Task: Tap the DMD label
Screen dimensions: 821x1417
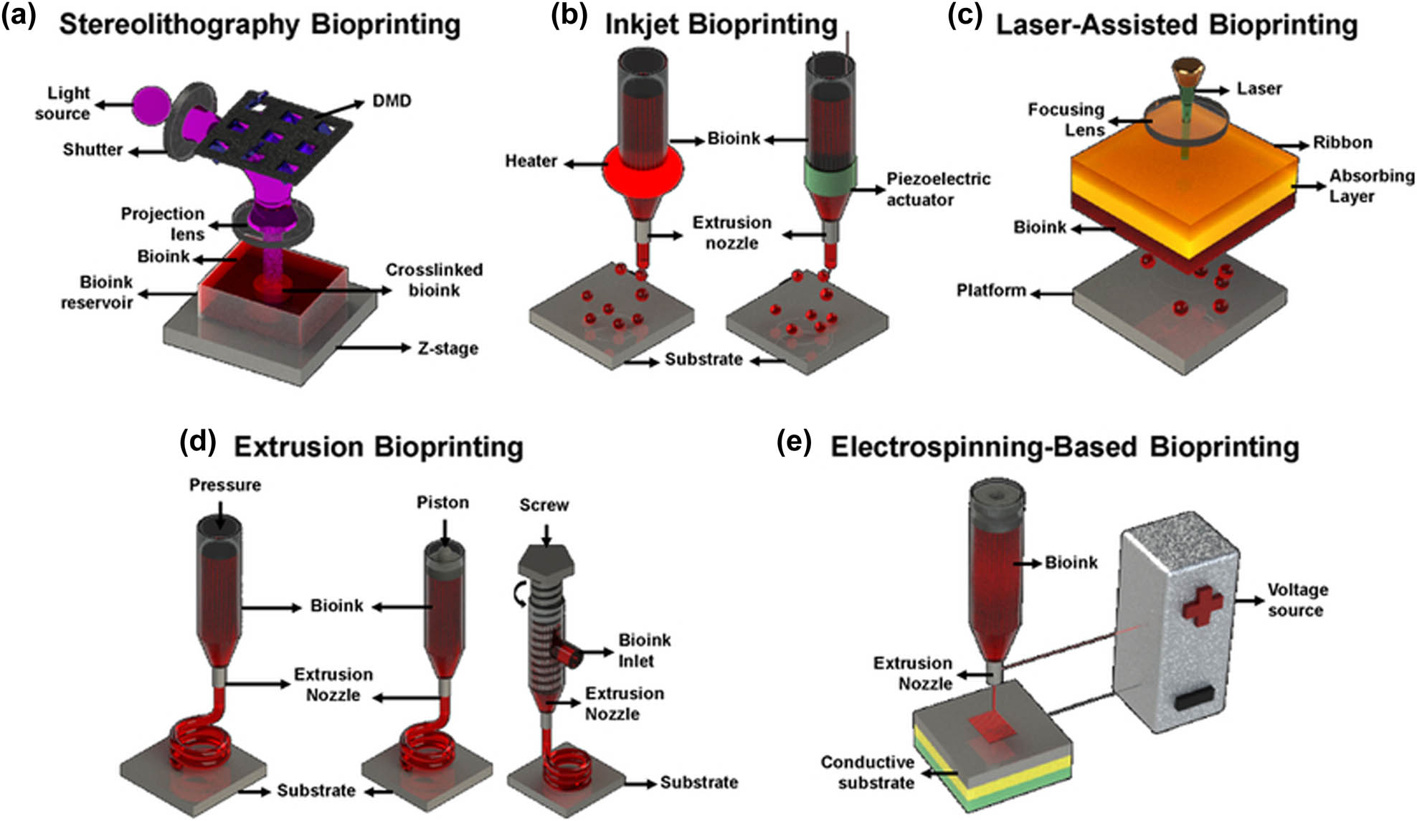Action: click(392, 100)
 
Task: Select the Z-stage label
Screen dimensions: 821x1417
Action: click(447, 348)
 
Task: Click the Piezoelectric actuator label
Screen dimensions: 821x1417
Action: click(938, 189)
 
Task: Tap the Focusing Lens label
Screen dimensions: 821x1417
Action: click(1066, 120)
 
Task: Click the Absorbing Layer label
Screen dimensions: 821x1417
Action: click(1371, 186)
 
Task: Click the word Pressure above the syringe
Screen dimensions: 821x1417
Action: click(224, 485)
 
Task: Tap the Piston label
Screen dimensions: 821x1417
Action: click(442, 503)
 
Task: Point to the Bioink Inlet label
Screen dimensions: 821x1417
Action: click(644, 650)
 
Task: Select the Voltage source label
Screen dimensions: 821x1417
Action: click(1297, 599)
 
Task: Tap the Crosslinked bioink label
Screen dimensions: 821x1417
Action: click(434, 280)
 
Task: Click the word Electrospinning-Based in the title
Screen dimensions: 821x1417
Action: click(983, 447)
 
